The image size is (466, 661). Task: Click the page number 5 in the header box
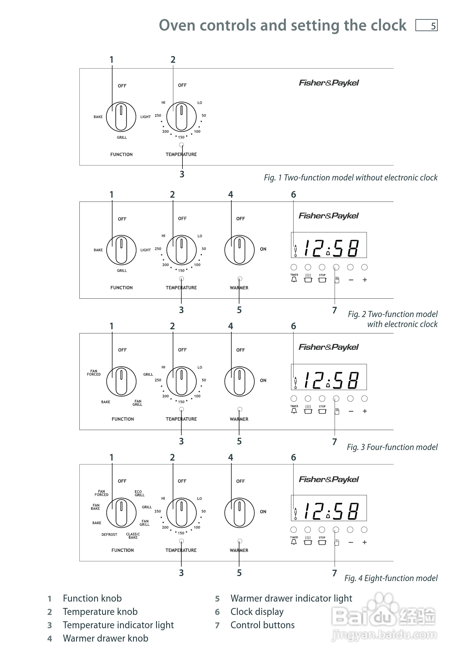[x=433, y=26]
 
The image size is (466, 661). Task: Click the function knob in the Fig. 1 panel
[x=121, y=117]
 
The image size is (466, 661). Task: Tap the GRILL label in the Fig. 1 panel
[x=122, y=137]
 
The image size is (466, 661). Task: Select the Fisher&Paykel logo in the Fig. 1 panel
[x=329, y=83]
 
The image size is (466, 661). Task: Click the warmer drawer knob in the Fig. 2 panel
[x=239, y=250]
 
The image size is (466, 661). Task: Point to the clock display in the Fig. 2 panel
[x=329, y=245]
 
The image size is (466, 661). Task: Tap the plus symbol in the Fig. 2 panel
[x=365, y=280]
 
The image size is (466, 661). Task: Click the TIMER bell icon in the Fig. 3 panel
[x=294, y=411]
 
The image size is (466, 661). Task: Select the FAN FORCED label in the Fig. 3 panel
[x=94, y=373]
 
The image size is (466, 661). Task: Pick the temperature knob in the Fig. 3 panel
[x=181, y=381]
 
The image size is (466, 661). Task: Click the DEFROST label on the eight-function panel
[x=109, y=535]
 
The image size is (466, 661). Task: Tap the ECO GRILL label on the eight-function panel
[x=139, y=493]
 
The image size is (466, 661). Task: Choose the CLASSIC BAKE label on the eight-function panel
[x=133, y=536]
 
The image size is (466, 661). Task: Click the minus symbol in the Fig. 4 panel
[x=350, y=542]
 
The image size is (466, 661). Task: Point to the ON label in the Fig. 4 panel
[x=263, y=512]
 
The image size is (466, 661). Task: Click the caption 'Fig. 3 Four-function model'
[x=392, y=447]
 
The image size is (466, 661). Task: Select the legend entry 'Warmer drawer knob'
[x=106, y=638]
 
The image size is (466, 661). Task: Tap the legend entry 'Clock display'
[x=257, y=612]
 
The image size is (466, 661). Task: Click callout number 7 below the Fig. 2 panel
[x=334, y=310]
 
